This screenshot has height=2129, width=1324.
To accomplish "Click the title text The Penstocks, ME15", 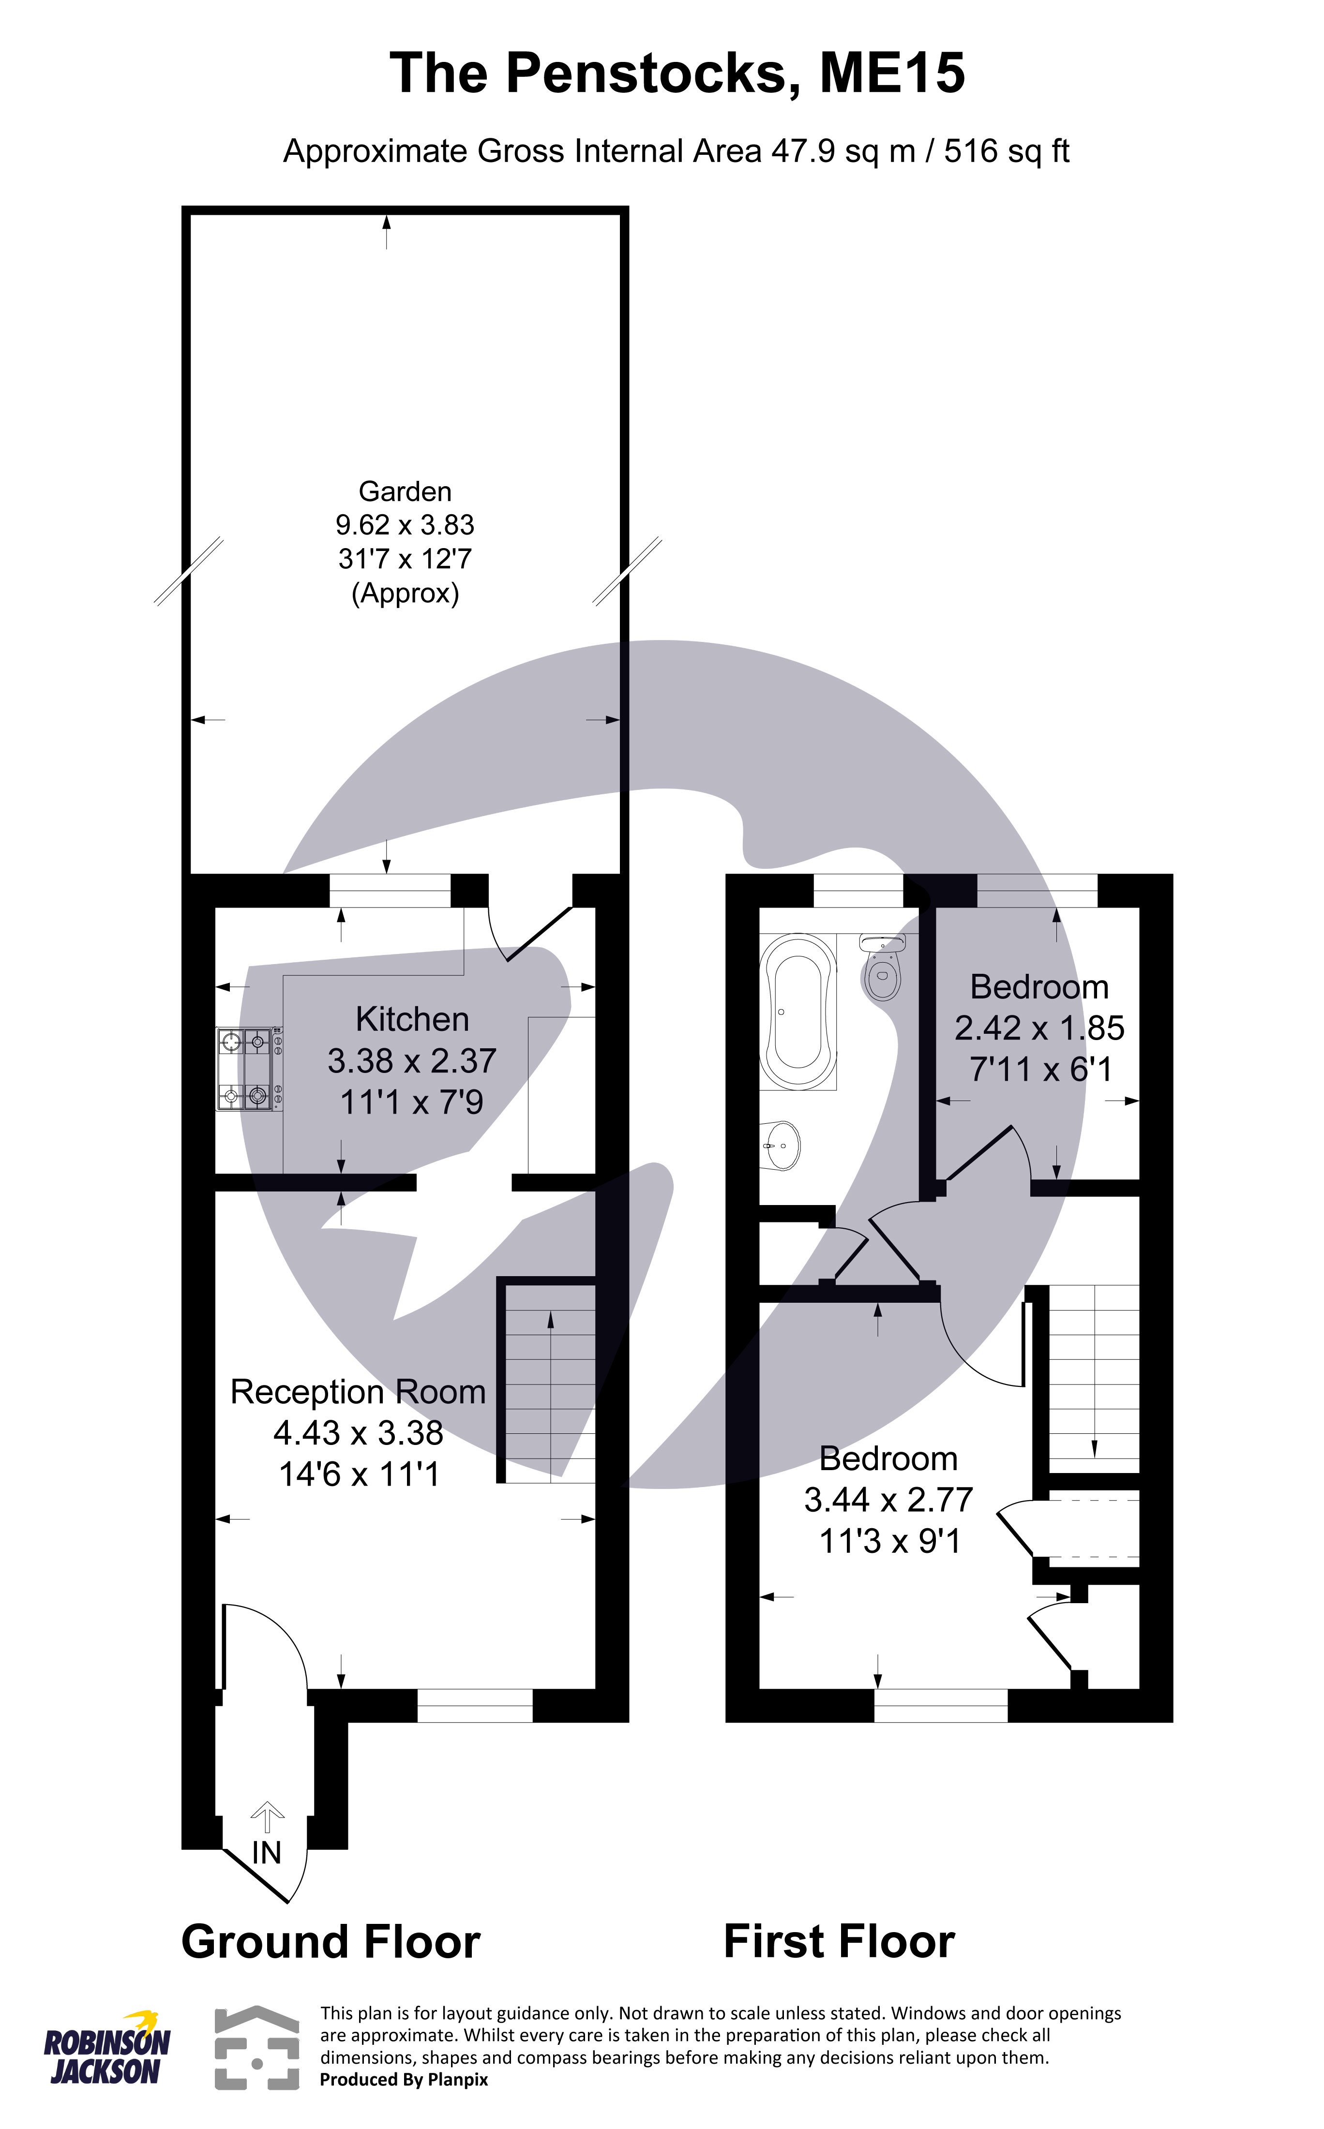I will click(x=677, y=74).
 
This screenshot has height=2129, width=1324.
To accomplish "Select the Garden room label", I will click(x=405, y=491).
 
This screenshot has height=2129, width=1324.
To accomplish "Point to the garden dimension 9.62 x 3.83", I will click(x=405, y=525).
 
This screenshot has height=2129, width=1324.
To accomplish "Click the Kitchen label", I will click(x=411, y=1020).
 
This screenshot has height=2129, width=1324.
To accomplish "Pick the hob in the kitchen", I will click(x=250, y=1070).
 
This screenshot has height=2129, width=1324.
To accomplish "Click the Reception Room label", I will click(x=357, y=1392).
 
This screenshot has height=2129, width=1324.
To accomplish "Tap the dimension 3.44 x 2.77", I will click(x=888, y=1501).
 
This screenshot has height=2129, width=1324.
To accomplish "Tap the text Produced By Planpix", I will click(x=404, y=2080).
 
